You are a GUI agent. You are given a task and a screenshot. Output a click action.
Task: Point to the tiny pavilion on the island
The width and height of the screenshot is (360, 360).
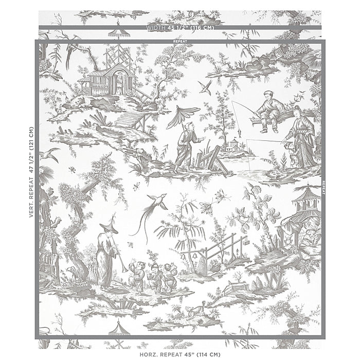(x=235, y=144)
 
